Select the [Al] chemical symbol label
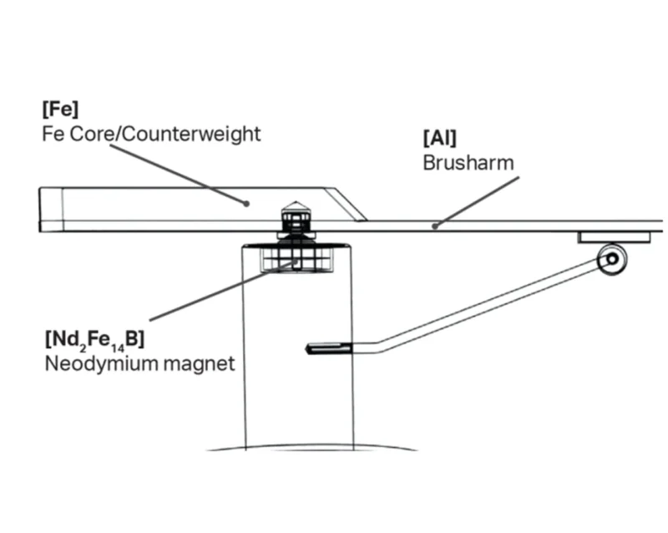439,138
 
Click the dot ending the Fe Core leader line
246,202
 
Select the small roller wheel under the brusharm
612,259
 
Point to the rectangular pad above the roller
615,237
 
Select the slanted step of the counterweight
346,204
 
